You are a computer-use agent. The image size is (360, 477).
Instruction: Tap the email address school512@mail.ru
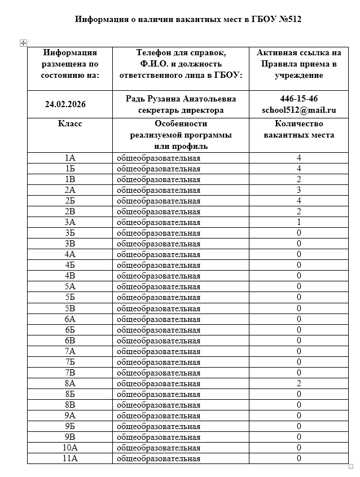(x=299, y=110)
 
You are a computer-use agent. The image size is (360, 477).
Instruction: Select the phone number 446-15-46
(x=299, y=99)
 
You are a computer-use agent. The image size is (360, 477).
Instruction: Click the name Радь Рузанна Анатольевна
(x=181, y=99)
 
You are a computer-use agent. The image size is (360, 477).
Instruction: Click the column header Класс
(x=70, y=124)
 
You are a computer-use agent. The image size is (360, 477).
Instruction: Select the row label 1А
(x=70, y=158)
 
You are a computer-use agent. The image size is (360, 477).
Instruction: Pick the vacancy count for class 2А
(x=299, y=190)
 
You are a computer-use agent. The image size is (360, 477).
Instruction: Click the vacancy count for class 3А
(x=299, y=222)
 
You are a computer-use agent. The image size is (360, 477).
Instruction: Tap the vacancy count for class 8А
(x=299, y=383)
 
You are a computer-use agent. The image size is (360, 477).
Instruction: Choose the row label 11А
(x=70, y=458)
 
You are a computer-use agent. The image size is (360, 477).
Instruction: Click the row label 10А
(x=70, y=448)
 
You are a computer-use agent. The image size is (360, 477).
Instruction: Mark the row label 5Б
(x=70, y=297)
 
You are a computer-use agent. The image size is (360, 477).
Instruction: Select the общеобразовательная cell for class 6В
(x=158, y=341)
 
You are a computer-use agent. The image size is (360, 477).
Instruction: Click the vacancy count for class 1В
(x=299, y=179)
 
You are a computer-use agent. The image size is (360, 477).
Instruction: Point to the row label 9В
(x=70, y=437)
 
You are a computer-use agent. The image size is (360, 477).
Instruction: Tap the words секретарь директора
(x=181, y=110)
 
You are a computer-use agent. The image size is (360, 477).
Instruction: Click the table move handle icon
(x=23, y=43)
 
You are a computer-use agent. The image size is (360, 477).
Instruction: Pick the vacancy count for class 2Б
(x=299, y=201)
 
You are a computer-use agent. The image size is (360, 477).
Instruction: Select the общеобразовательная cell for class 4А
(x=158, y=254)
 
